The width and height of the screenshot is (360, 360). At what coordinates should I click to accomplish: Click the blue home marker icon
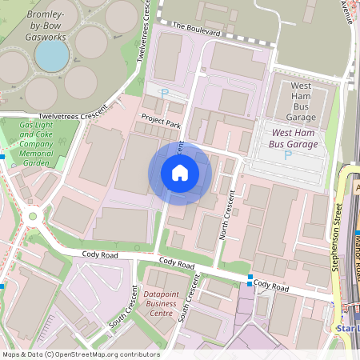tap(180, 172)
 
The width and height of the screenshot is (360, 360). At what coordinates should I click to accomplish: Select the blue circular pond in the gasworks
tap(53, 54)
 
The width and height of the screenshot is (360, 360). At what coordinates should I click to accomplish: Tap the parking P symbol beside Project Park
tap(165, 94)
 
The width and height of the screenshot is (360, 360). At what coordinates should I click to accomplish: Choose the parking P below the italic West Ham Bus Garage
tap(288, 154)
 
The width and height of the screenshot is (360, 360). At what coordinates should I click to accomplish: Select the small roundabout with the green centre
tap(33, 215)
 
